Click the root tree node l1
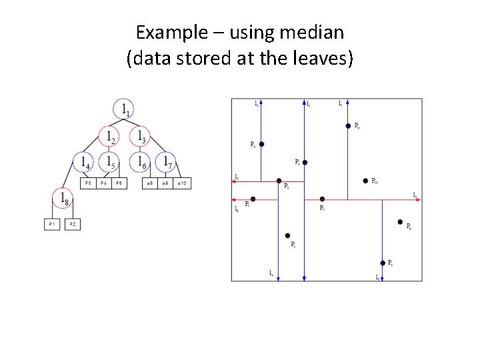[x=124, y=109]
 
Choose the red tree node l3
[x=140, y=137]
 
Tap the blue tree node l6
[x=140, y=162]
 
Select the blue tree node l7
[x=165, y=162]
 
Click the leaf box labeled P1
[x=52, y=225]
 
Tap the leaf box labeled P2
[x=72, y=225]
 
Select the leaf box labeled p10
[x=183, y=183]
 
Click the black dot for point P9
[x=348, y=125]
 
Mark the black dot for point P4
[x=262, y=144]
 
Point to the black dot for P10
[x=365, y=181]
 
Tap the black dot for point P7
[x=322, y=199]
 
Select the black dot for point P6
[x=383, y=263]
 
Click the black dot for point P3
[x=287, y=235]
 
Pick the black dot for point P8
[x=400, y=222]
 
